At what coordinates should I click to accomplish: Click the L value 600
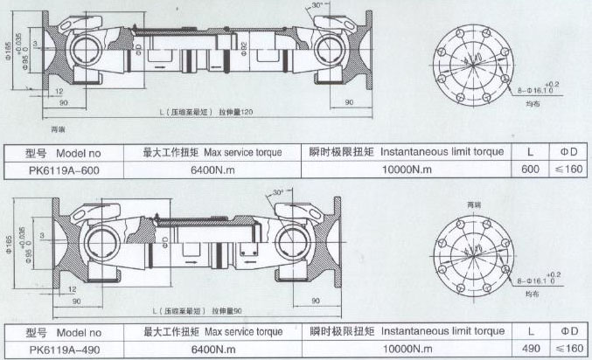530,170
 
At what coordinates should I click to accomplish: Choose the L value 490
530,349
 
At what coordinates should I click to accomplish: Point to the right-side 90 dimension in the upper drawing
348,103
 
